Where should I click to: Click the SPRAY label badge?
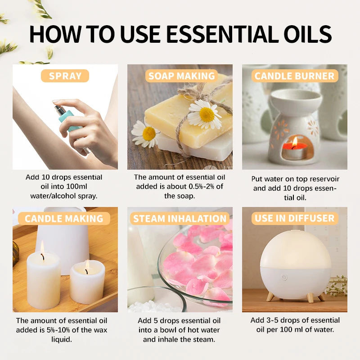pos(65,76)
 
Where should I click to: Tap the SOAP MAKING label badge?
pos(182,76)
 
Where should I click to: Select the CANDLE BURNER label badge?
pos(295,76)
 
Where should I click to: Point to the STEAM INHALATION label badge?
pos(180,219)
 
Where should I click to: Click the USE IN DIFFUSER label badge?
pos(295,219)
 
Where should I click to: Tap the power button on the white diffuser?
pos(284,277)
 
